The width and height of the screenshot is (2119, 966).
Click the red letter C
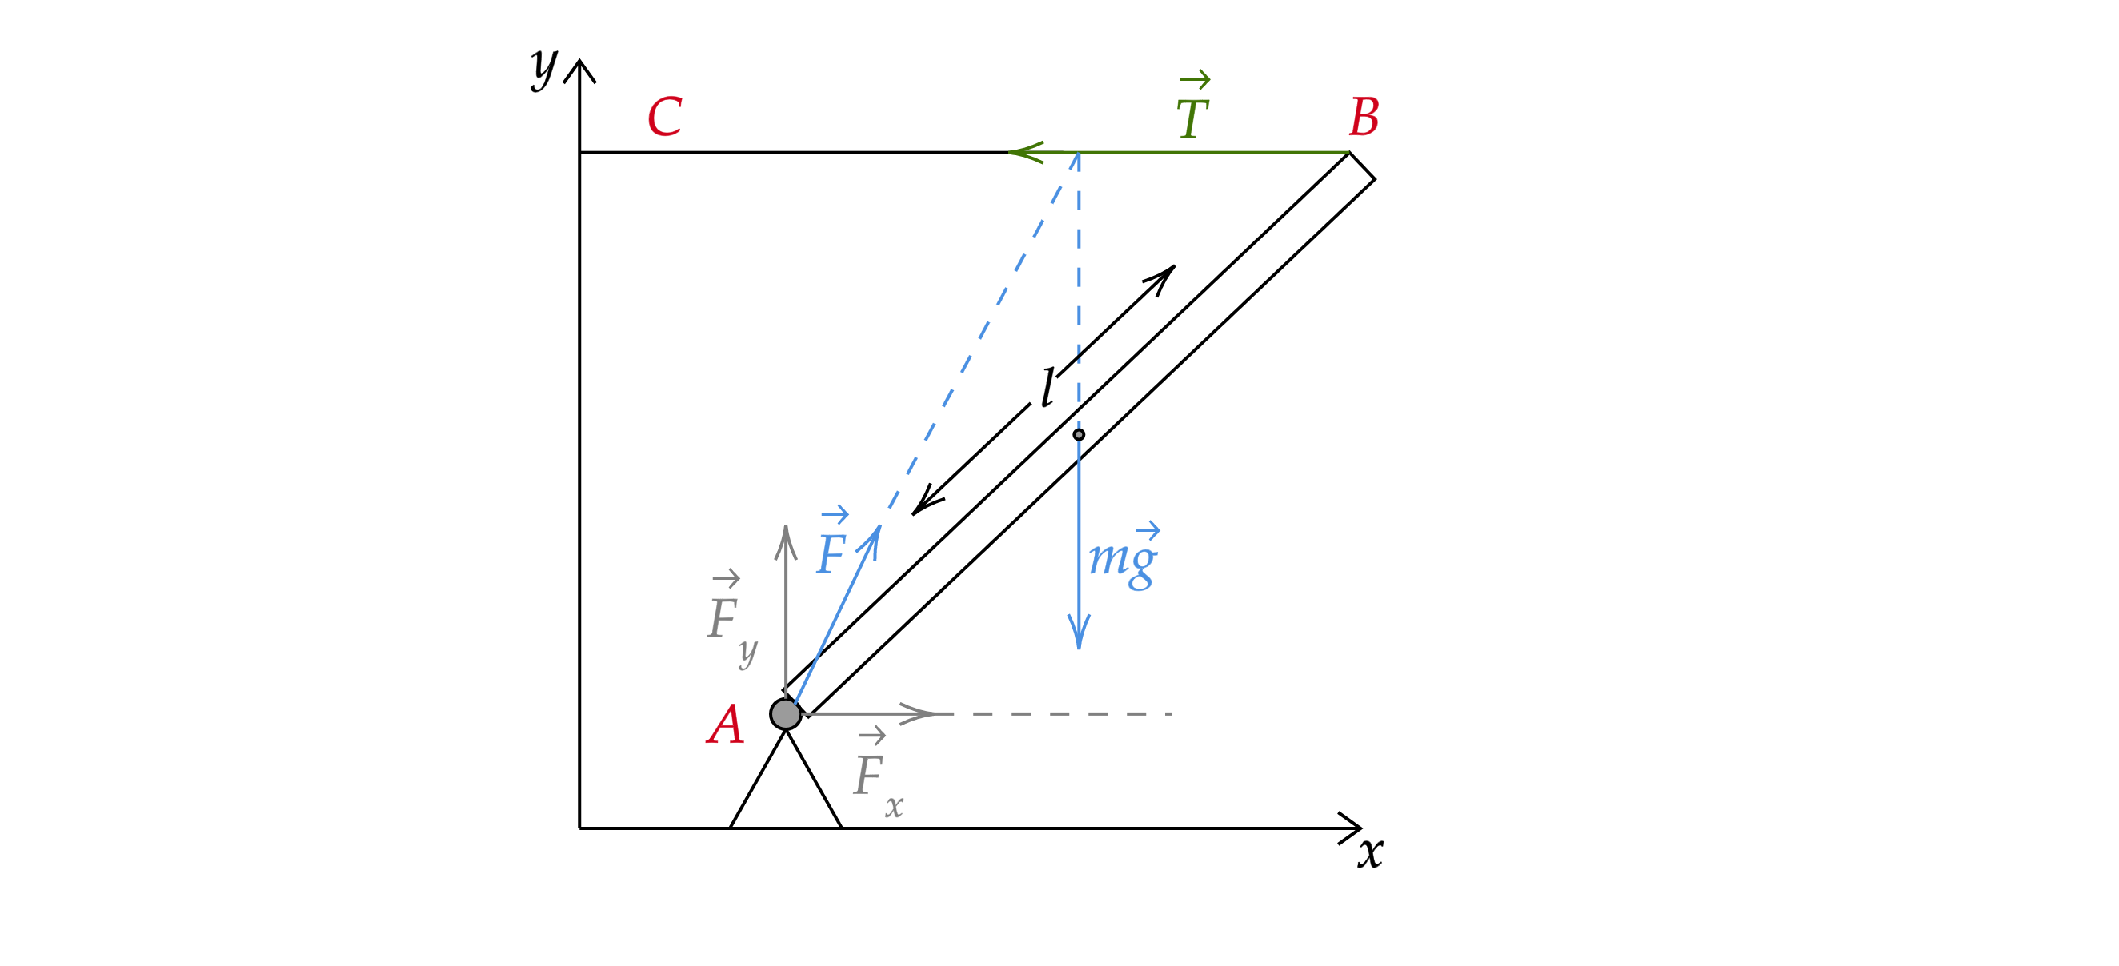pos(664,117)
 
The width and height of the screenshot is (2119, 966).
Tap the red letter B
pos(1364,117)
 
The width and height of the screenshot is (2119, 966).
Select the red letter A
pos(726,726)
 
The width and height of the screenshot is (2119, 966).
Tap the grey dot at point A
pos(786,713)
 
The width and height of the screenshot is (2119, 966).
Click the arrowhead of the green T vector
pos(1020,152)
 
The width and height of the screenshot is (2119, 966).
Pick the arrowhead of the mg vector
pos(1079,637)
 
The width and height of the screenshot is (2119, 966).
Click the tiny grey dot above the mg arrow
pos(1079,434)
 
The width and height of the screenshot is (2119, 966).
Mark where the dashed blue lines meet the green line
pos(1079,153)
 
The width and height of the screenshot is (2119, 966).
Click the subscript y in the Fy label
pos(747,651)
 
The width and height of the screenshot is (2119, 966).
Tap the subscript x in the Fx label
pos(894,808)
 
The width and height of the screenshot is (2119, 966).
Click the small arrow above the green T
pos(1195,80)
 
